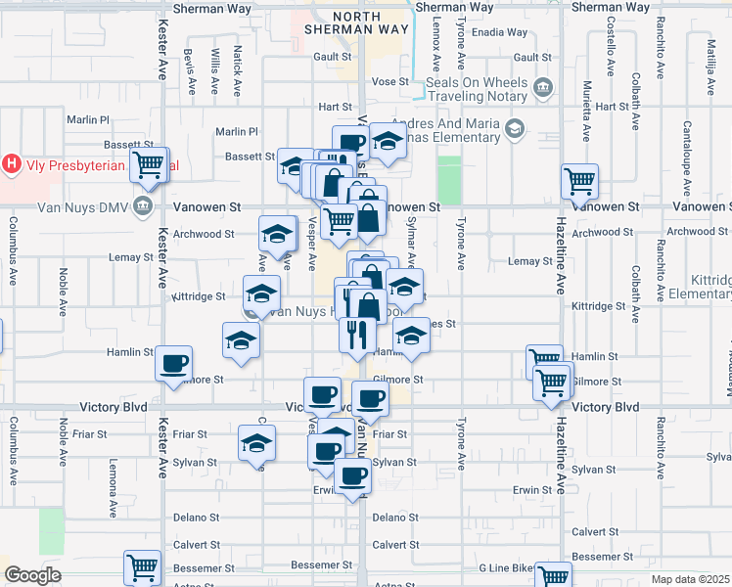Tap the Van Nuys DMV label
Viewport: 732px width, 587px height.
point(82,206)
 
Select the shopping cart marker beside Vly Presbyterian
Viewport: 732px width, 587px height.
point(149,166)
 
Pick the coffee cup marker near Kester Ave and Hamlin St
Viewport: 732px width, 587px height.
point(174,364)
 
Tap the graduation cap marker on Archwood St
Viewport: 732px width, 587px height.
point(277,234)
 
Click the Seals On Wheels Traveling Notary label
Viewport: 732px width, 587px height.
point(478,89)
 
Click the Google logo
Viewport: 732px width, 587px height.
point(32,575)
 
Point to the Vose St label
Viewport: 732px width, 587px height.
point(389,81)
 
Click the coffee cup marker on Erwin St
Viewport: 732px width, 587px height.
point(352,476)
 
